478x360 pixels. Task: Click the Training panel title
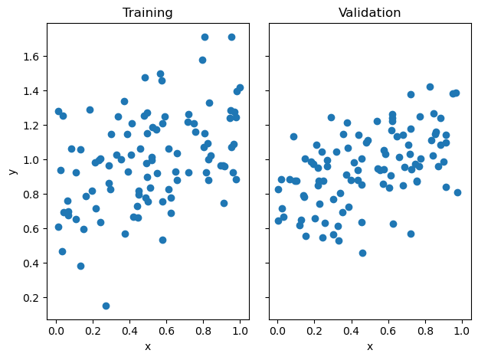[x=149, y=13]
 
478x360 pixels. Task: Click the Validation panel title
[x=370, y=13]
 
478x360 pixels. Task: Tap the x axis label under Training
[x=148, y=346]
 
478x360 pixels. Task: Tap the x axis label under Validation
[x=370, y=346]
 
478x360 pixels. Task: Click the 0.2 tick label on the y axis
[x=30, y=298]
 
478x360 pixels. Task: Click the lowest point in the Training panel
[x=106, y=306]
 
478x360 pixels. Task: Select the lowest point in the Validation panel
[x=362, y=253]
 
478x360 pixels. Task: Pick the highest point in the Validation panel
[x=430, y=87]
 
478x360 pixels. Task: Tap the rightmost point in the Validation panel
[x=457, y=193]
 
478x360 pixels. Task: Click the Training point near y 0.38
[x=80, y=267]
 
